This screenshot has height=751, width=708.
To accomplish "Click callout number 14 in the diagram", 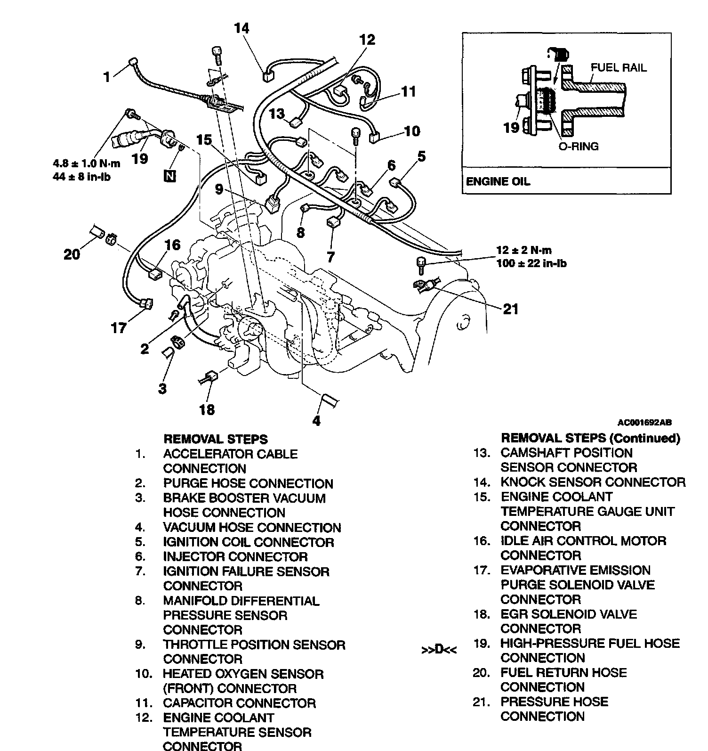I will pos(242,29).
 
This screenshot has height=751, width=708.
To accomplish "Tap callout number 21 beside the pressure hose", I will pos(511,309).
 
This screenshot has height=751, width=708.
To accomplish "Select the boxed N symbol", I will pos(169,176).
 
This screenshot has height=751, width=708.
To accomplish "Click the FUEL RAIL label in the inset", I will pos(619,67).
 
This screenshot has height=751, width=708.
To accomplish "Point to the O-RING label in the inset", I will pos(579,146).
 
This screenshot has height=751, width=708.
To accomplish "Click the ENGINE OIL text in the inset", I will pos(498,181).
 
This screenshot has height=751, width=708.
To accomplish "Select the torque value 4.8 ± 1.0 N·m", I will pos(87,164).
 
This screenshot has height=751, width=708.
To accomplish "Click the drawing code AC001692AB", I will pos(644,422).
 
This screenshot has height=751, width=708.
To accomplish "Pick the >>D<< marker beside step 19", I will pos(439,650).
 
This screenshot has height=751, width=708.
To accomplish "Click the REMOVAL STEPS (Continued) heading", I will pos(590,438).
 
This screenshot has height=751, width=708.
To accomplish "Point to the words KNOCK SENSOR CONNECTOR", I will pos(593,482).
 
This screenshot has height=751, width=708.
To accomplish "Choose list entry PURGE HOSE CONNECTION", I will pos(248,483).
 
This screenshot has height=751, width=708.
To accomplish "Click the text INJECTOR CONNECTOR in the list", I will pos(235,556).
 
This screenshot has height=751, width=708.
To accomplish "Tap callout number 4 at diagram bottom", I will pos(316,420).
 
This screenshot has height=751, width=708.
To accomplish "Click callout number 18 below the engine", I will pos(207,409).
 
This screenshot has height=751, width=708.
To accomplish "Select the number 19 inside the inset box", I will pos(511,127).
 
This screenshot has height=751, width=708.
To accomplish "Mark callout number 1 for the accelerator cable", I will pos(107,76).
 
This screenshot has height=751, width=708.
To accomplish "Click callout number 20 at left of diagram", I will pos(72,254).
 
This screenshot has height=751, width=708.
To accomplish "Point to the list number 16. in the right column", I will pos(482,541).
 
